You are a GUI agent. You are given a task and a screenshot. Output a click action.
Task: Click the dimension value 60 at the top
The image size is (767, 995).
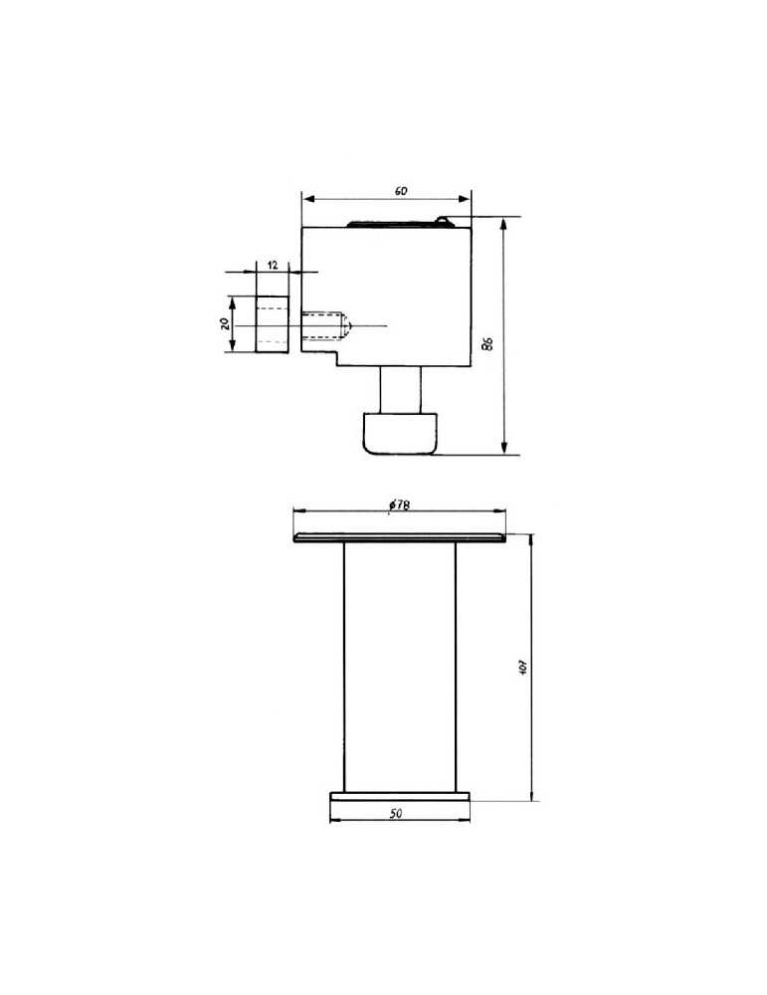tap(401, 191)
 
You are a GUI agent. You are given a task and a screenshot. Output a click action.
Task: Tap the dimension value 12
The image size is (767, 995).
tap(273, 266)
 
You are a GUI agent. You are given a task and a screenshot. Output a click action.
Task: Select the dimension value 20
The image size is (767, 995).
tap(225, 323)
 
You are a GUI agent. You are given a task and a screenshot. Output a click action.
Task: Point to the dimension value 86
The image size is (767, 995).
tap(487, 343)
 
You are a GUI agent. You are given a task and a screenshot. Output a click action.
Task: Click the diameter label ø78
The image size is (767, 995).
tap(399, 505)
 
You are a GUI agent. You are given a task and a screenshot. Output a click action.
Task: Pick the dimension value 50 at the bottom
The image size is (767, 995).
tap(396, 814)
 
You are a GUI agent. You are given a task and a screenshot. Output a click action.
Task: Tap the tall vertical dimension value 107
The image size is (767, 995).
tap(523, 667)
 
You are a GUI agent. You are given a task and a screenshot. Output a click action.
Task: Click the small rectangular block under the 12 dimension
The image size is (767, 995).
tap(273, 324)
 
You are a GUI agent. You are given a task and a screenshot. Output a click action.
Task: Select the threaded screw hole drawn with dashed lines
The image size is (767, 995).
tap(325, 325)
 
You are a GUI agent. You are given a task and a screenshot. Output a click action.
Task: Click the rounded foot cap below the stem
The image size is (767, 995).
tap(400, 434)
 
